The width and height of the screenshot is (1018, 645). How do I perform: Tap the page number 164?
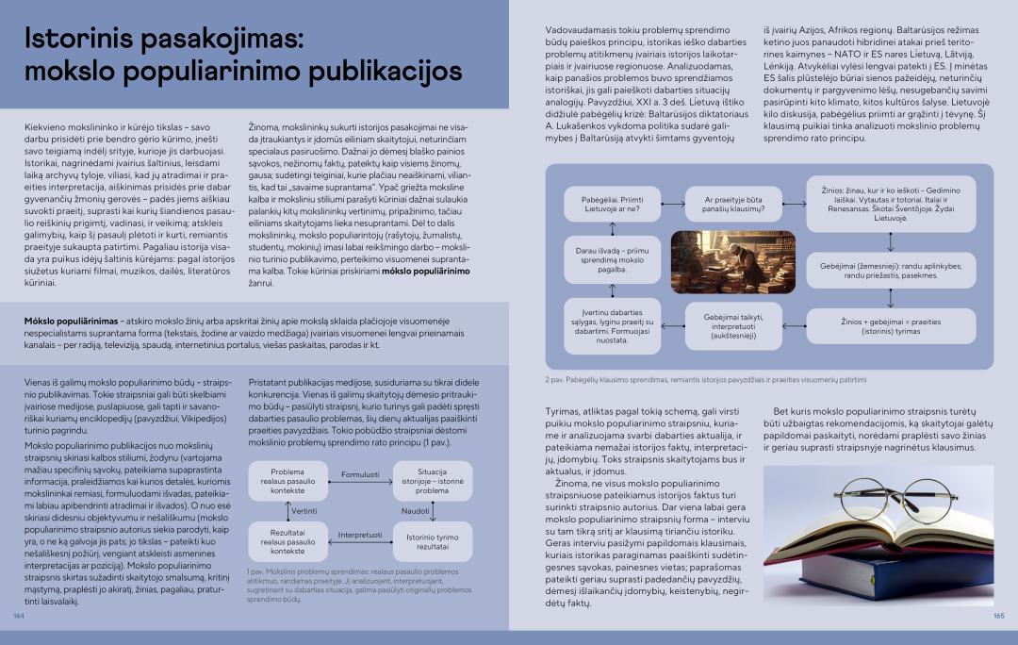click(18, 616)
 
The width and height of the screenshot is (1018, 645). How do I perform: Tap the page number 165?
click(998, 616)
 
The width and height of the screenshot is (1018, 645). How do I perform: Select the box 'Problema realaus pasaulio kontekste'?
click(287, 481)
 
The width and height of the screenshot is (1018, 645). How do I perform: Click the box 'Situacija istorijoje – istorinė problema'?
click(432, 481)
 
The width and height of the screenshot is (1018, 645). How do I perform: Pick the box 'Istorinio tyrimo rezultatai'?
click(432, 541)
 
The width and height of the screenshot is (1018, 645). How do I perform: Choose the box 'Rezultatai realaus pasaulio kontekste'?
click(287, 541)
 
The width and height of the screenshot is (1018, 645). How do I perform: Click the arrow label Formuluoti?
click(359, 474)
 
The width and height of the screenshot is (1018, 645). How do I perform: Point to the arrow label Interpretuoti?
click(359, 535)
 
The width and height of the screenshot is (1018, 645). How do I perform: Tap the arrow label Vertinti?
click(304, 510)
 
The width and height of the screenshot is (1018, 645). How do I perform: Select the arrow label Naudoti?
click(416, 510)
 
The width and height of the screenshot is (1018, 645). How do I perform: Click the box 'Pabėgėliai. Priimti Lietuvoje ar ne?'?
click(605, 204)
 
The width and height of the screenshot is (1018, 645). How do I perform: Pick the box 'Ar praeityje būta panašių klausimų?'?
click(734, 204)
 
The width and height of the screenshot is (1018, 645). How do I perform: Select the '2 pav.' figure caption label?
click(555, 380)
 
